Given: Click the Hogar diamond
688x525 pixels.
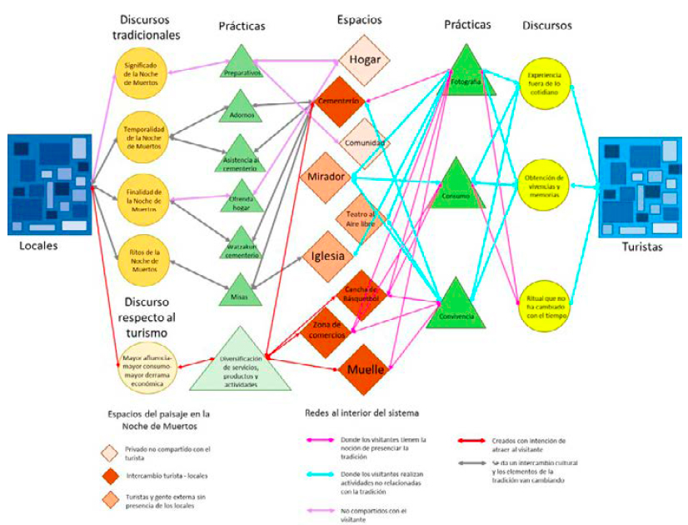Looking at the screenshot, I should pyautogui.click(x=365, y=60).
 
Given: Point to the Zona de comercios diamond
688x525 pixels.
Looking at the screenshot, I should pyautogui.click(x=327, y=327).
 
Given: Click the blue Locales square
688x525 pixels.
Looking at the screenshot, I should pyautogui.click(x=49, y=185).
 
